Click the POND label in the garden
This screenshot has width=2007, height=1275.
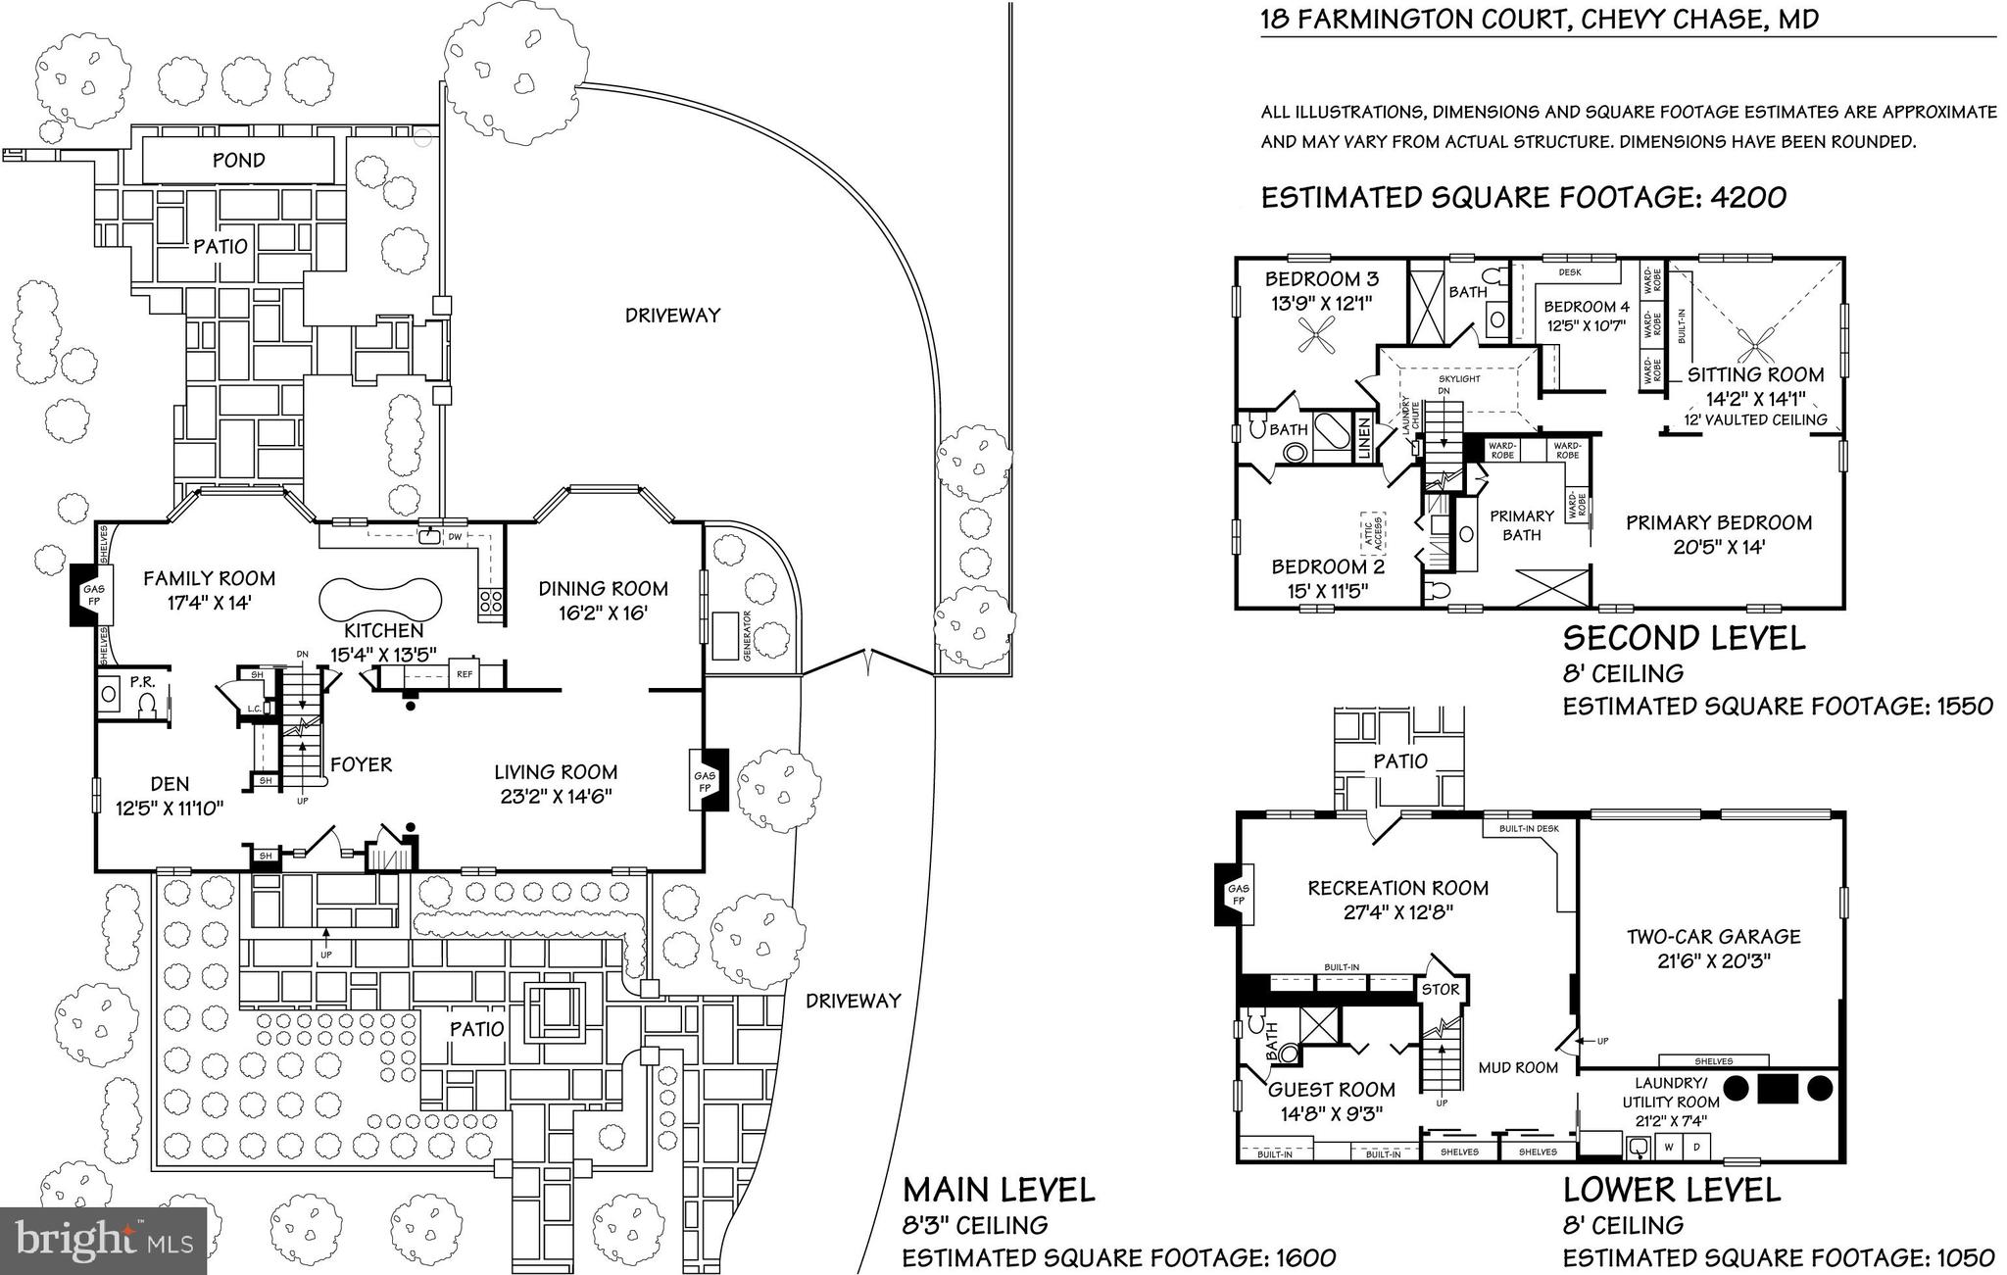click(238, 160)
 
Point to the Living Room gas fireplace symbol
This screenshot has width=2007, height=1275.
click(709, 780)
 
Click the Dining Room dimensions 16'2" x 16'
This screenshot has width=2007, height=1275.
click(603, 613)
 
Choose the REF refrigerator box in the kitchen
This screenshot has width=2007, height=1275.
click(465, 673)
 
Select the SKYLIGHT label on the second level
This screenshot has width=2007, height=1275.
click(1459, 378)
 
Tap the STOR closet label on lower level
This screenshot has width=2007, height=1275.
click(1440, 989)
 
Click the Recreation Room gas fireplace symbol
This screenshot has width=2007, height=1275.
click(1234, 894)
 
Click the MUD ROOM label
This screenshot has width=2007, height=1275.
click(1518, 1067)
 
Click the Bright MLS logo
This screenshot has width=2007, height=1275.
click(105, 1241)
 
